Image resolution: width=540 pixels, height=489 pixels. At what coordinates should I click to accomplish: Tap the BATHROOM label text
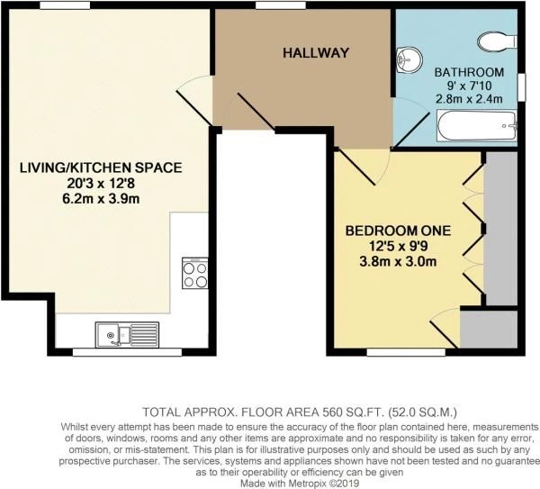469,71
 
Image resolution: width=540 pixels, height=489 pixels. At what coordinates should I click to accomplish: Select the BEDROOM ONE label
397,231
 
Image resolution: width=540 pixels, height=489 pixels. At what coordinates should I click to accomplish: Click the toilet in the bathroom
493,39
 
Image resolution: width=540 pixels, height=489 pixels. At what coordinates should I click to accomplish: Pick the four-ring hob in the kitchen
195,272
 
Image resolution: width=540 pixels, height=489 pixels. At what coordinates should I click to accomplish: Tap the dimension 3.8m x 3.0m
397,263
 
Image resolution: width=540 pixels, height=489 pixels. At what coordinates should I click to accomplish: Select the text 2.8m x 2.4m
469,100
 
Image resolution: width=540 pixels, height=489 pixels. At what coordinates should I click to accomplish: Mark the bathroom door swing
410,126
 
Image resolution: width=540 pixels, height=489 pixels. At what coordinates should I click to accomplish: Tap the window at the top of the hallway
273,7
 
